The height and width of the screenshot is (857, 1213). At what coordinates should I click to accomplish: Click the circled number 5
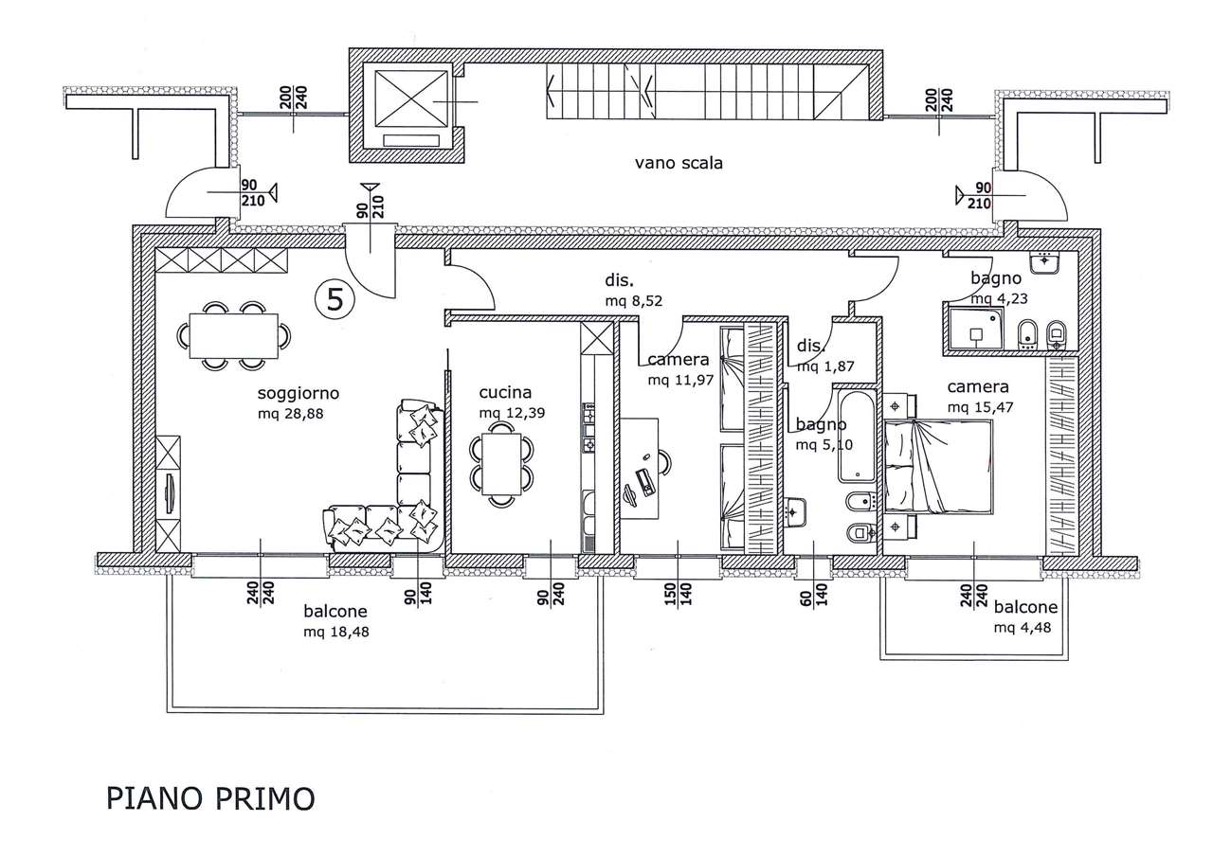pos(335,300)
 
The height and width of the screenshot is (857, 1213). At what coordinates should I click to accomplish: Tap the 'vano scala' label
pos(679,163)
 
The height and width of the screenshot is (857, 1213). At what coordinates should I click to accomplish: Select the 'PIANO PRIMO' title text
pos(210,799)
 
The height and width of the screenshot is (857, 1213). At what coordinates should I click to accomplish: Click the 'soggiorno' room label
pos(299,393)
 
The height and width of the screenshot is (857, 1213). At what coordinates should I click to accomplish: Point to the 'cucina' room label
pos(505,392)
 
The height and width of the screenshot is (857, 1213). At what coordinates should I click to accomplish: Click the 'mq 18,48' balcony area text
pos(336,632)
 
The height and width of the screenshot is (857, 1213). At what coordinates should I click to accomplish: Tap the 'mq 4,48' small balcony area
pos(1023,628)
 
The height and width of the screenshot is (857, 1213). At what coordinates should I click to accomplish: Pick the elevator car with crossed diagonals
pos(411,101)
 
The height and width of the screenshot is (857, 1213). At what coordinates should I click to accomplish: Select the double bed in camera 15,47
pos(938,466)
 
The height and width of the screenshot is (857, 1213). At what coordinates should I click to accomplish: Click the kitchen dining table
pos(501,464)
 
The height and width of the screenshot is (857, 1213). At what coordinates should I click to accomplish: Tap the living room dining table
pos(233,336)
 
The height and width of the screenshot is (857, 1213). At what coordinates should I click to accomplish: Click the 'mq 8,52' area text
pos(634,301)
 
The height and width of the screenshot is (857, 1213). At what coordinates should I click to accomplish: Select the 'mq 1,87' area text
pos(825,366)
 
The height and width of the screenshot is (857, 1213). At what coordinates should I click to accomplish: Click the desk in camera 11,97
pos(640,469)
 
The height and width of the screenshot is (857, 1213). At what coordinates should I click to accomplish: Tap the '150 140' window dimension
pos(678,594)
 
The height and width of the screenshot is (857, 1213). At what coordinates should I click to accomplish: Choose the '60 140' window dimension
pos(813,595)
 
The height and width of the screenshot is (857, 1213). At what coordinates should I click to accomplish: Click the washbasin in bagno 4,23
pos(1044,263)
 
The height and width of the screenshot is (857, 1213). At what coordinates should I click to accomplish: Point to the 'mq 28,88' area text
pos(291,414)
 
